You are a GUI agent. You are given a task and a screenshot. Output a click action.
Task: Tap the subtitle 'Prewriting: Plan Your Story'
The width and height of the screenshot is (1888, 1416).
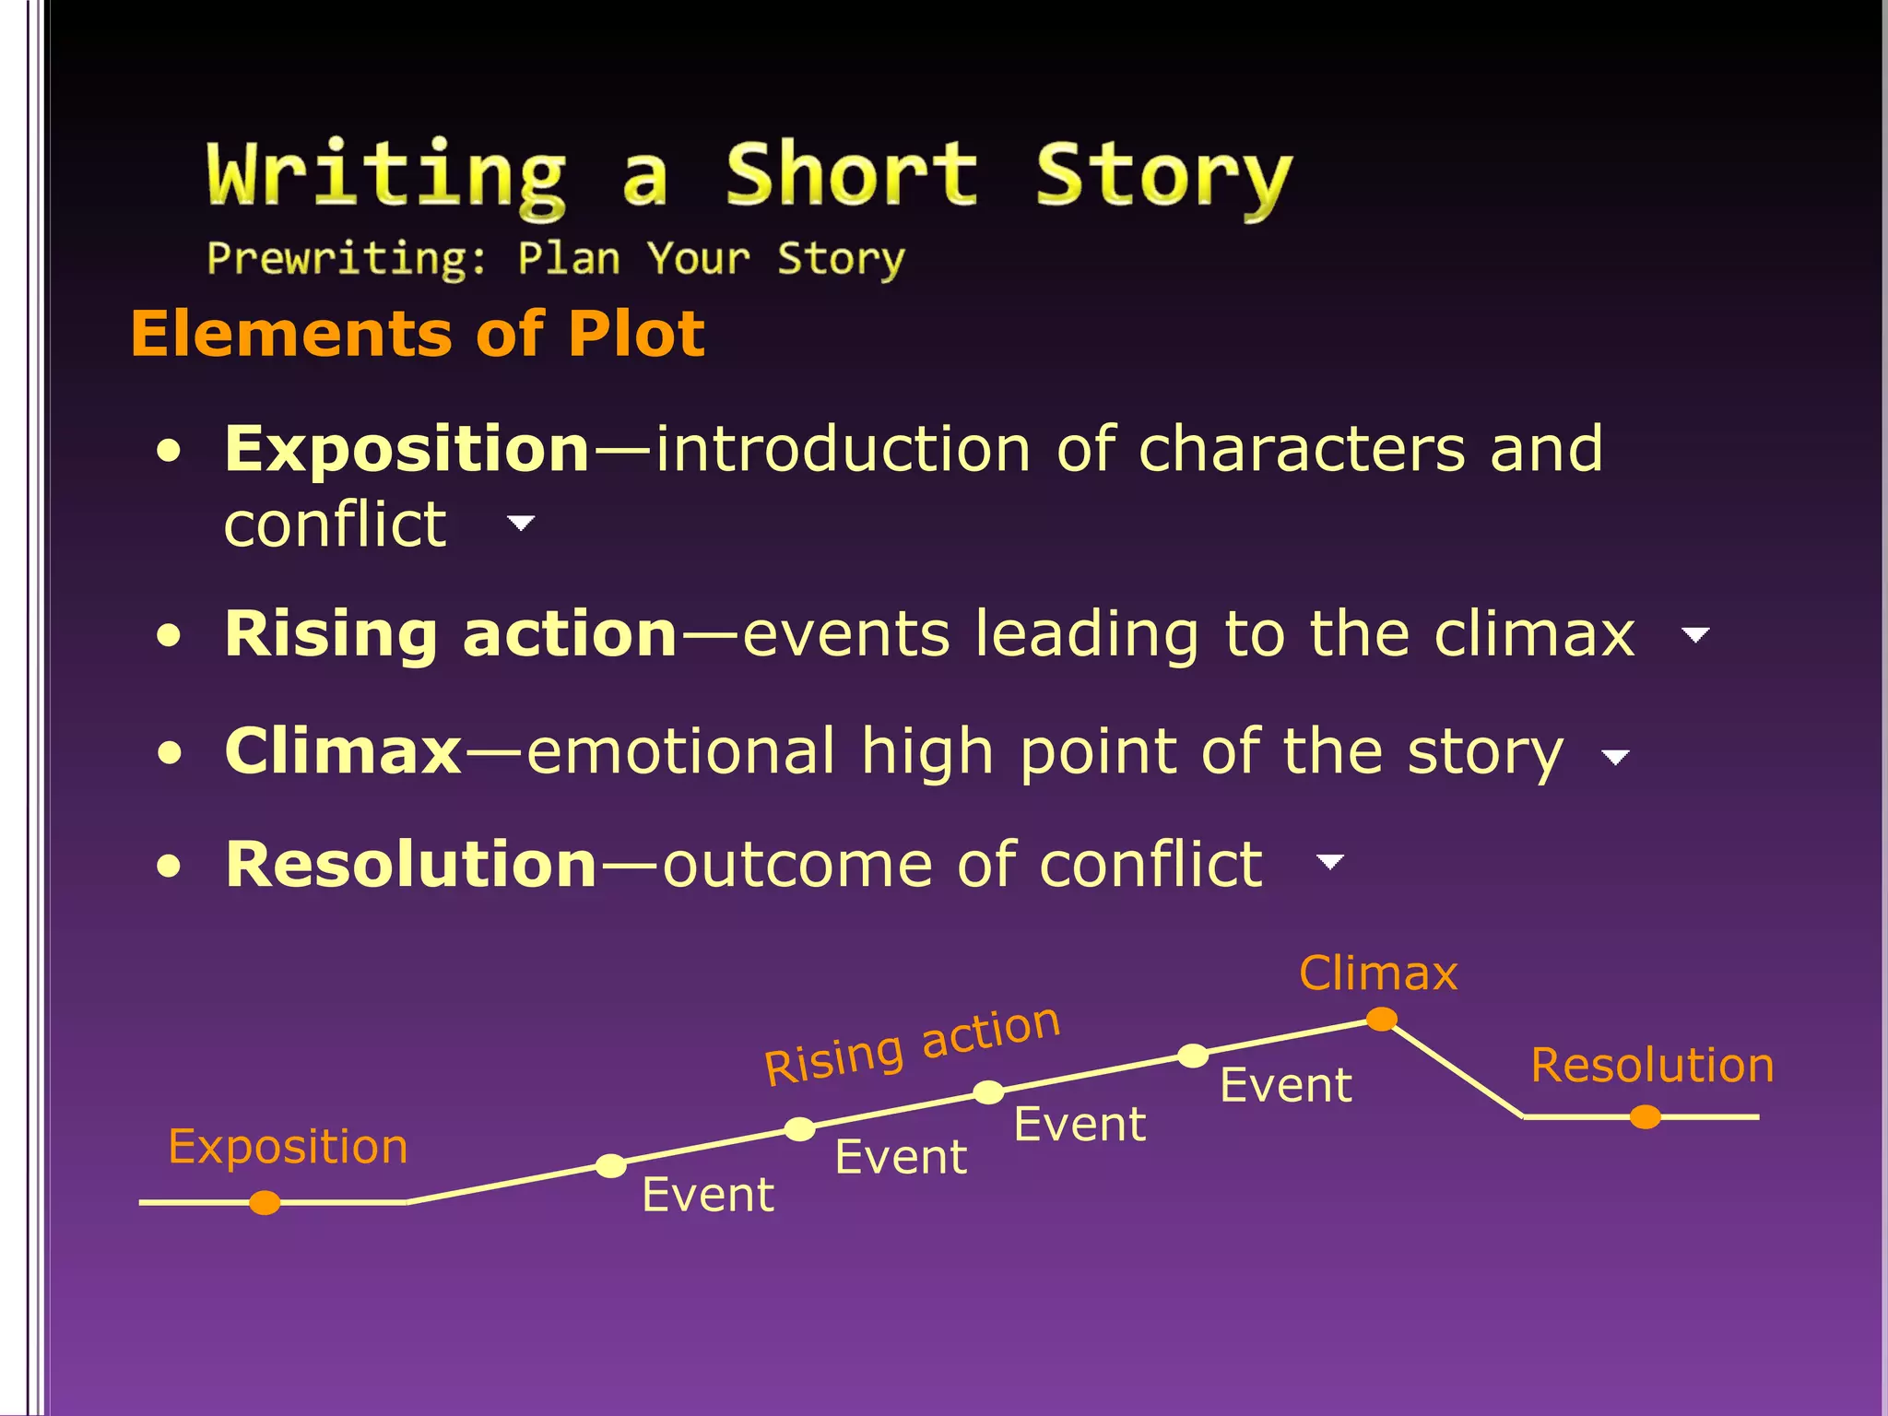[555, 258]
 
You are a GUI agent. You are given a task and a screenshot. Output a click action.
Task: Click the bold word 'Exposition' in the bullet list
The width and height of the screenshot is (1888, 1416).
[407, 449]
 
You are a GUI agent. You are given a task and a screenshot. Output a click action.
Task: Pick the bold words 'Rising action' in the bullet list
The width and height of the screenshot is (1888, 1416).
[452, 634]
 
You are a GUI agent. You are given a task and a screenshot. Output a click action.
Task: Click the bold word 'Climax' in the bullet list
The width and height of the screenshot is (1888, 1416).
[343, 750]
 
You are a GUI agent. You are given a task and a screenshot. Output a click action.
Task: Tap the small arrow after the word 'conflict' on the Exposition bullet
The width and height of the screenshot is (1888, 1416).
[521, 524]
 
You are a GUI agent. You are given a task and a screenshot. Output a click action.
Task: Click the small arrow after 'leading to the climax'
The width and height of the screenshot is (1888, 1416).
[1695, 634]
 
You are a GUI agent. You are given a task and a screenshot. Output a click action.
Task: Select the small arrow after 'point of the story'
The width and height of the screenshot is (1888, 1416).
[1615, 758]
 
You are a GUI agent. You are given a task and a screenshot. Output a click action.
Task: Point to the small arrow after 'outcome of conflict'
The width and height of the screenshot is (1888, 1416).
[1329, 862]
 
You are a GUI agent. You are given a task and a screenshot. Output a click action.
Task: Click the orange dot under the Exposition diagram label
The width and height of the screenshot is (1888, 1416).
[265, 1202]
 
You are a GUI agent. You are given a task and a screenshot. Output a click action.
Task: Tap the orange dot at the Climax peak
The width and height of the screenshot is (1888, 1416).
[1381, 1019]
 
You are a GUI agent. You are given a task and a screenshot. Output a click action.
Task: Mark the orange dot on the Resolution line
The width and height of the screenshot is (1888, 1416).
[1645, 1117]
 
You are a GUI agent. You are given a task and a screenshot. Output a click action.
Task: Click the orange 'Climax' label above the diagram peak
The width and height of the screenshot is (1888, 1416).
[1378, 973]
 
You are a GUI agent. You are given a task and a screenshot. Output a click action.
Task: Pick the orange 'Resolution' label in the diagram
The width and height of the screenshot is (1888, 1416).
[1652, 1066]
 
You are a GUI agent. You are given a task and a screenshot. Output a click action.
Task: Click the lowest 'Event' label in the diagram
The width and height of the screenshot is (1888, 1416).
[708, 1195]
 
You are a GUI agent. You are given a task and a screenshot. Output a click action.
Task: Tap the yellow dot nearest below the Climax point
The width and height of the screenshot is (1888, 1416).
[1193, 1056]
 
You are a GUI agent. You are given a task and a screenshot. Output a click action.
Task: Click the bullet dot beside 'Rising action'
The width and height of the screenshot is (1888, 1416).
[169, 636]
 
